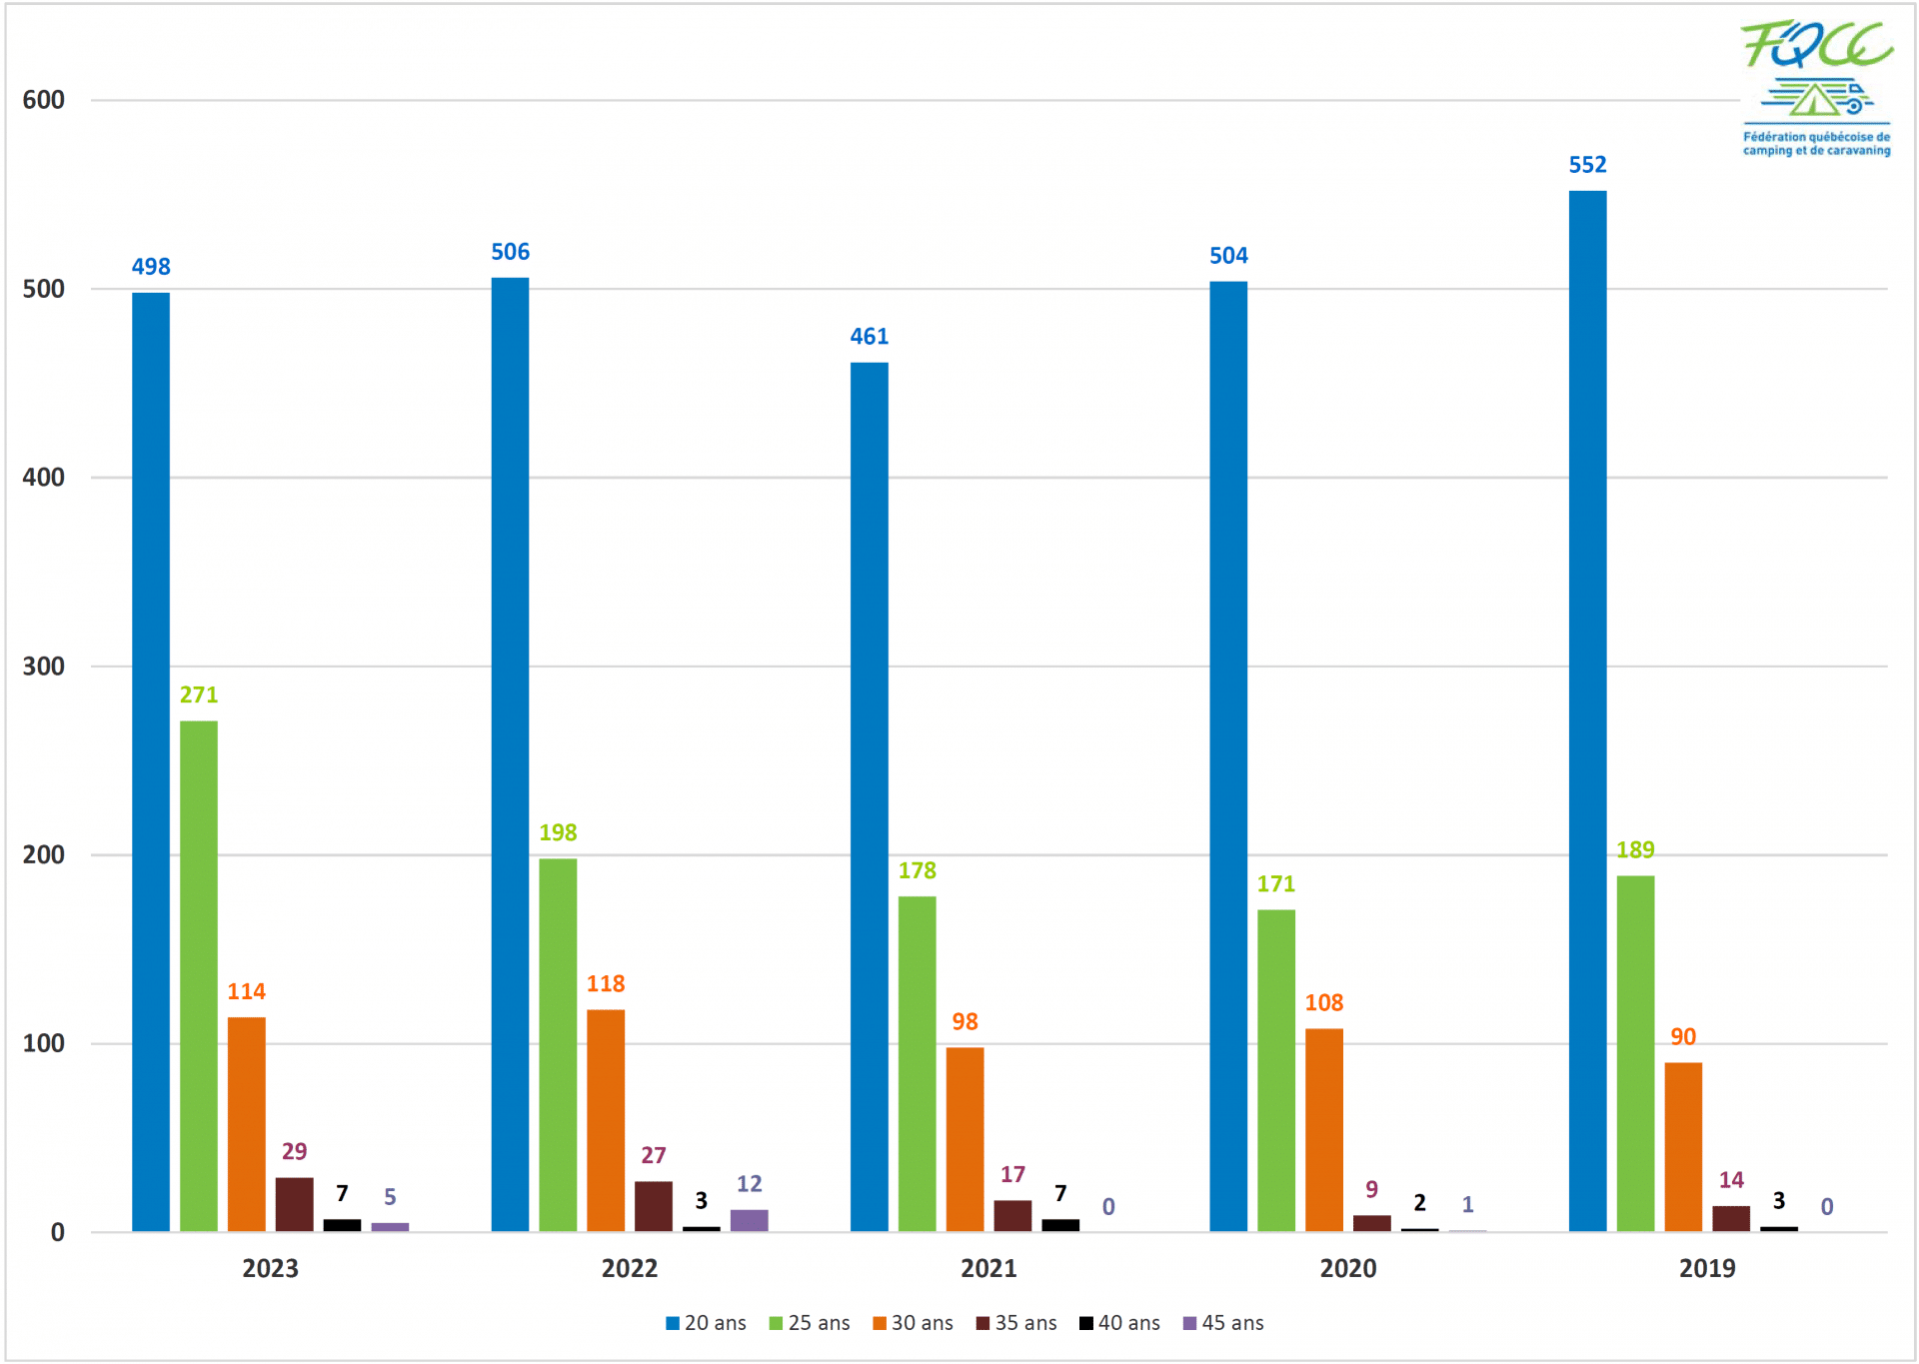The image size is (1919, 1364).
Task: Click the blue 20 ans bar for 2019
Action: point(1587,709)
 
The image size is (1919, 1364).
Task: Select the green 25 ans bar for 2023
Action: point(199,975)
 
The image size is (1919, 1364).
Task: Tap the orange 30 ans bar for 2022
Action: point(606,1119)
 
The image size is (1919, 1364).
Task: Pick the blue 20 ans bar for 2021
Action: point(869,795)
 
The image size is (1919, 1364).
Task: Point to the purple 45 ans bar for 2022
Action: point(749,1220)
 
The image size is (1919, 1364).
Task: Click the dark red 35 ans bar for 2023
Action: point(294,1204)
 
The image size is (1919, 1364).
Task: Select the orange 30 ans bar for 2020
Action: point(1323,1129)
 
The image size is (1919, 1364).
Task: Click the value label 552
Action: point(1587,165)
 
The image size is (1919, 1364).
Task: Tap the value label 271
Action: point(199,694)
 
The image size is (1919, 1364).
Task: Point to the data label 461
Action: point(869,337)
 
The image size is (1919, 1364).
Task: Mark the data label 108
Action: point(1323,1002)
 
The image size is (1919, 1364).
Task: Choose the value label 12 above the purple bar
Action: point(749,1184)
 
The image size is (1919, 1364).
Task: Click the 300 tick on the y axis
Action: point(44,667)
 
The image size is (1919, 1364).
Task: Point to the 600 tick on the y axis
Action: point(44,100)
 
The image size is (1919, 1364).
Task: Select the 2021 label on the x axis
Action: point(988,1268)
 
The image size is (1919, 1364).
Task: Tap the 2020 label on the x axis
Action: point(1347,1268)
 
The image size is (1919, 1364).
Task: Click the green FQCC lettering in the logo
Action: point(1816,45)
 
